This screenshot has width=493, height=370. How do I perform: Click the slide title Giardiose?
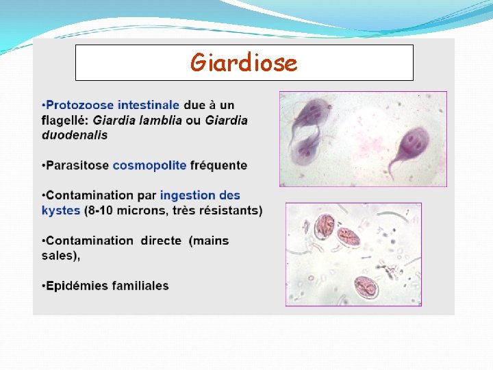point(244,63)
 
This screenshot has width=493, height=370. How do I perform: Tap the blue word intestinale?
point(149,106)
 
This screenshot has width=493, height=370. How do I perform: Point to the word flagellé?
point(65,121)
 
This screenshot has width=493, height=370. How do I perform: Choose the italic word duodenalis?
point(75,135)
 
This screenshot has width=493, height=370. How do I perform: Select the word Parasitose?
point(77,165)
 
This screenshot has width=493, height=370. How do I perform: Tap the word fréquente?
point(220,165)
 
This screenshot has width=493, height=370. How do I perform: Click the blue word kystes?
point(61,210)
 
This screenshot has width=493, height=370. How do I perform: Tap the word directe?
point(161,241)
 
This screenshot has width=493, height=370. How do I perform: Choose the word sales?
point(59,256)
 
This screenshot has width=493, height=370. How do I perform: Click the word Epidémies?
point(75,286)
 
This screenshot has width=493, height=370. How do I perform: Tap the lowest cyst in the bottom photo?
point(367,286)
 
